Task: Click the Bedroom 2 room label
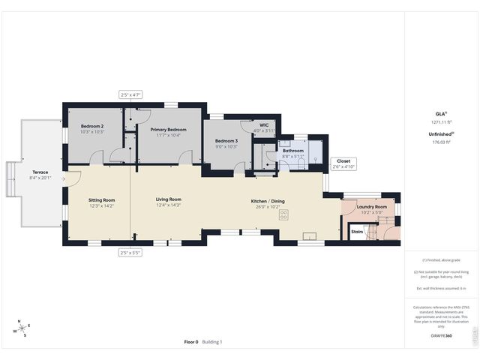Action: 91,126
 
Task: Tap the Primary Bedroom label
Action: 168,130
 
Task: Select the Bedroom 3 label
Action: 226,141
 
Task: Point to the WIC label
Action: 264,125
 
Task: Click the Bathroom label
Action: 292,151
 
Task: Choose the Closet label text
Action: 343,160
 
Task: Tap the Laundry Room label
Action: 371,206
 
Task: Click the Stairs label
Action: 358,232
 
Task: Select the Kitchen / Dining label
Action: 267,201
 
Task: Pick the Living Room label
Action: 169,199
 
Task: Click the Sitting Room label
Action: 101,200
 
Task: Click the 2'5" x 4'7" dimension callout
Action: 130,94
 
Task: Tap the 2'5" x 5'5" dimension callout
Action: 130,253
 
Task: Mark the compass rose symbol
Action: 23,328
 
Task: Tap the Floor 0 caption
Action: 191,342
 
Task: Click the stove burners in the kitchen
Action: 284,214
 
